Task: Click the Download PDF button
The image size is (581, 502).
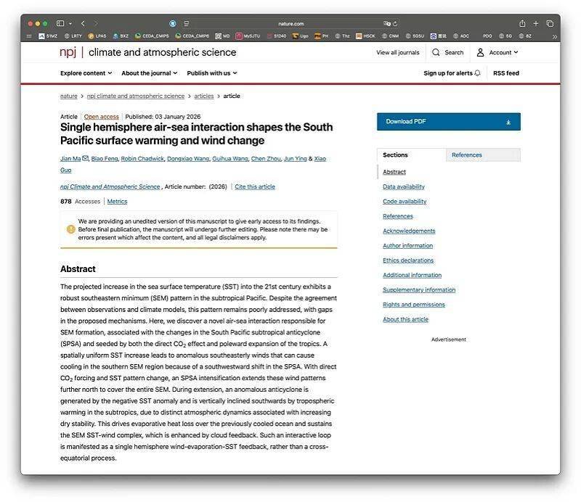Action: pos(448,122)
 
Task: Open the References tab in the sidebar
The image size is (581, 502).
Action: pos(467,155)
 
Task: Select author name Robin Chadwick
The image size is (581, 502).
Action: pos(142,158)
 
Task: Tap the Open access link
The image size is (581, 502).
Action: pos(101,117)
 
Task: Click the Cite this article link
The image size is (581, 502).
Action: pos(255,186)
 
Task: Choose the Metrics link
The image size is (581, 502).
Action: pos(117,202)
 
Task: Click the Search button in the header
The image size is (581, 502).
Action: pos(447,52)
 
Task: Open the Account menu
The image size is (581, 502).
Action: pos(497,52)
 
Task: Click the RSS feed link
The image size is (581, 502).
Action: pos(506,73)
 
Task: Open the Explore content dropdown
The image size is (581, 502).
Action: pos(86,73)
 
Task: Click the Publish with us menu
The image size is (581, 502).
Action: pos(212,73)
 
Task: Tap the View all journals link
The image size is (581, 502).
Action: pos(398,52)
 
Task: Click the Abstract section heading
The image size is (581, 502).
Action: pos(78,269)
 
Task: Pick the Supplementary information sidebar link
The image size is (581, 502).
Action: pos(419,290)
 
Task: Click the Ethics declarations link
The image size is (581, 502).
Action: pos(408,260)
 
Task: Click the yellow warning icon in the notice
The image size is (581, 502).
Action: pos(71,229)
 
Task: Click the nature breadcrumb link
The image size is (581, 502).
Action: pos(69,96)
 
